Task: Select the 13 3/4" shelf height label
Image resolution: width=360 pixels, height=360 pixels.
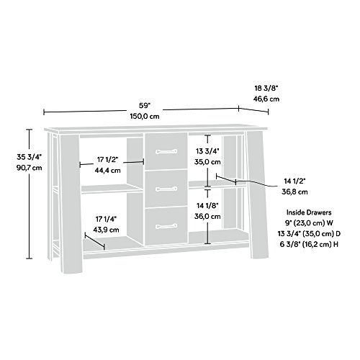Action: click(x=207, y=151)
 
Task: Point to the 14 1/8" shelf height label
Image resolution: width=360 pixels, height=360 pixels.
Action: click(x=207, y=204)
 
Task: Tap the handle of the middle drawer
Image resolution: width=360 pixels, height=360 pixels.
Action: click(x=165, y=188)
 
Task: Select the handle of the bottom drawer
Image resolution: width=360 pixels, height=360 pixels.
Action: click(x=165, y=226)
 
